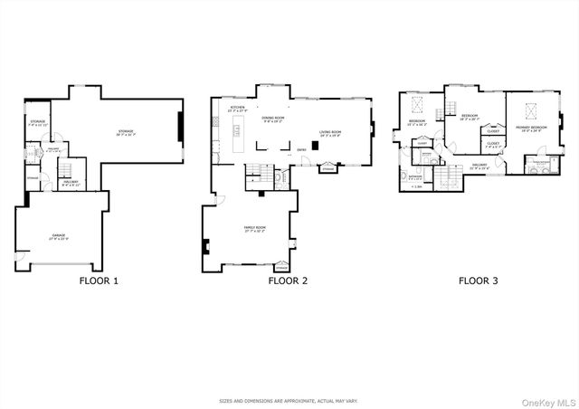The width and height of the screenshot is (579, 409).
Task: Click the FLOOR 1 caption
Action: (99, 281)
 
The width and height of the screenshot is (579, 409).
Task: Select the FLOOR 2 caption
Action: (288, 281)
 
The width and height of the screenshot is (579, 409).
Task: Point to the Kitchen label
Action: (237, 109)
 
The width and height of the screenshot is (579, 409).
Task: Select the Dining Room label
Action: (273, 119)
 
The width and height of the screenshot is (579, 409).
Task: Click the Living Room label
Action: (329, 134)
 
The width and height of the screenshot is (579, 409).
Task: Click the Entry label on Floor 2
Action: (301, 150)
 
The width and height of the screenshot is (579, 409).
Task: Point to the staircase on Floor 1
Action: (66, 173)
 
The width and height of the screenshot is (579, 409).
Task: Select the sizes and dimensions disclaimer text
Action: (288, 401)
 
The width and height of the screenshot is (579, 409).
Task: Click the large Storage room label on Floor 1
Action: (126, 132)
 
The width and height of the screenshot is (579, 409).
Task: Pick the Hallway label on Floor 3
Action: (479, 165)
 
